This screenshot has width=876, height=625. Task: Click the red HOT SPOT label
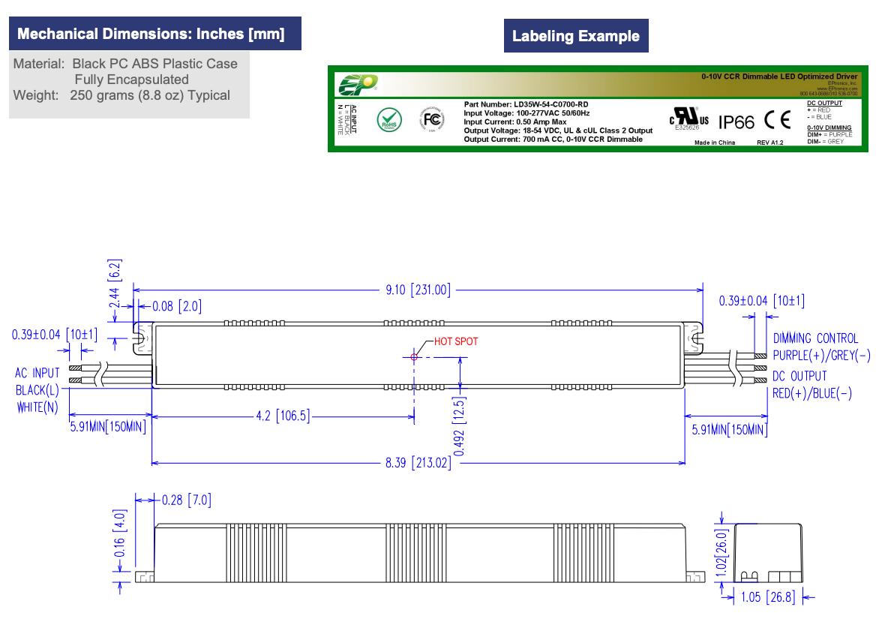click(456, 341)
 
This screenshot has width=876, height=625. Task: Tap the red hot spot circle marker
click(414, 357)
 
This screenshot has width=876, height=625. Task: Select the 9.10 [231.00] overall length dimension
click(418, 290)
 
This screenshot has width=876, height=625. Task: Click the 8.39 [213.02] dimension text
click(418, 463)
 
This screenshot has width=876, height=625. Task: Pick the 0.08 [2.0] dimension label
click(176, 306)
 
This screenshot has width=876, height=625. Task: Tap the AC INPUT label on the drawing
click(37, 373)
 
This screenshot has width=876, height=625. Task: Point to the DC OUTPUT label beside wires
click(799, 376)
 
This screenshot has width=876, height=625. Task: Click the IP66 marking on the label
click(736, 122)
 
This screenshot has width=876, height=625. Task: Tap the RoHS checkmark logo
click(388, 119)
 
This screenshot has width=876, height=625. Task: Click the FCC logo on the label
click(432, 119)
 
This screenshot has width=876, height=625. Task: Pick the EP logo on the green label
click(356, 84)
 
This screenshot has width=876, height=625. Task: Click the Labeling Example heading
click(575, 36)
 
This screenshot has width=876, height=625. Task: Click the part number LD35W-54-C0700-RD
click(526, 104)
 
